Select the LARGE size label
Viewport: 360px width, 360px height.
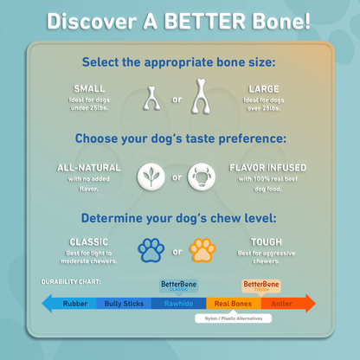click(263, 87)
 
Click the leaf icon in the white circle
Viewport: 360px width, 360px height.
click(152, 178)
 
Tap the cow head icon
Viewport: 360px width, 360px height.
click(204, 178)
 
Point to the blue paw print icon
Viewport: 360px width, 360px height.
click(151, 251)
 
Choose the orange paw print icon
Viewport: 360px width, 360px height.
click(202, 251)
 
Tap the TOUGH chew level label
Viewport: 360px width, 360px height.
click(265, 242)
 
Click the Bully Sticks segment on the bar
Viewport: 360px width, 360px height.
click(125, 303)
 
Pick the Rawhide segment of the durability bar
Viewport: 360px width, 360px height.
click(177, 303)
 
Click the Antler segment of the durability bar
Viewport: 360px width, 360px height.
click(282, 303)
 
